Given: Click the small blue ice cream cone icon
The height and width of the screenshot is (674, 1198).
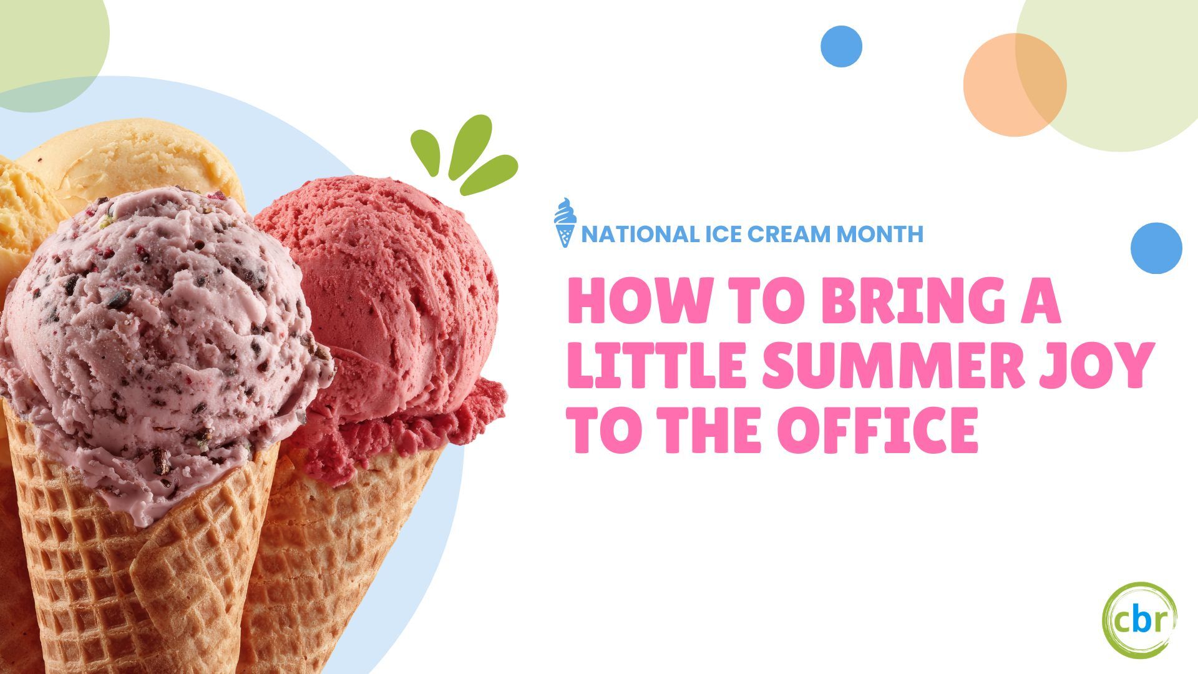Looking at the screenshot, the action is click(x=565, y=222).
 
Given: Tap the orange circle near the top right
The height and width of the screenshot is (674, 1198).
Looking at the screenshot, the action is click(x=1015, y=85).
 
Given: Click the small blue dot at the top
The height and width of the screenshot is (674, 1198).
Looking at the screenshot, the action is click(x=841, y=46).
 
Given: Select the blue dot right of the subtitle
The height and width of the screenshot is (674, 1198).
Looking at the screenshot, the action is click(x=1156, y=248).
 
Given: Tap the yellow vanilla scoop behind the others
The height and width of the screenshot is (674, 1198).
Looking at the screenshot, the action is click(x=125, y=162).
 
